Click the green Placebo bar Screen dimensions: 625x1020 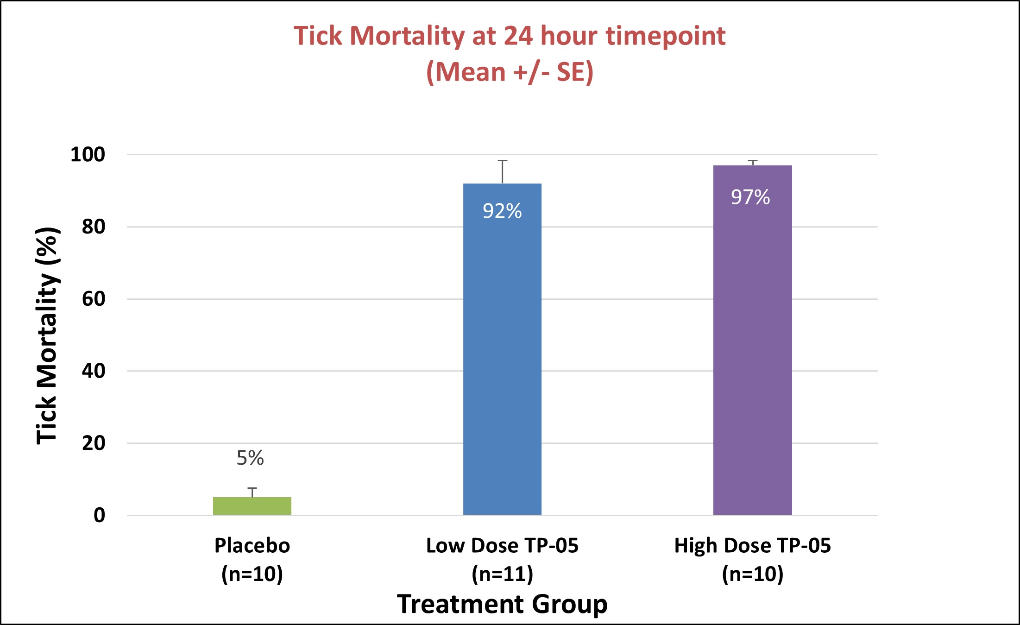(x=252, y=506)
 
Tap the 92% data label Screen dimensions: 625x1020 (x=502, y=211)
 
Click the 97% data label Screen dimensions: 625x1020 (x=750, y=197)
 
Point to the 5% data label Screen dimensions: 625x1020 (x=250, y=458)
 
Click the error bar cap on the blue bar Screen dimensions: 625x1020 (x=503, y=161)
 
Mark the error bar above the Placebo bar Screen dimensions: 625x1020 (x=252, y=492)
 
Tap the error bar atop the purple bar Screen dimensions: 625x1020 (x=753, y=162)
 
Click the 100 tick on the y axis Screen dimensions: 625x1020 (x=88, y=154)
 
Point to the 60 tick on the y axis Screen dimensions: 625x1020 (x=94, y=299)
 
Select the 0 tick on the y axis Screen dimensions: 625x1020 (x=99, y=515)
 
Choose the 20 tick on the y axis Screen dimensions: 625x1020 (x=94, y=443)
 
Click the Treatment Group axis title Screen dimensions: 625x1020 (x=502, y=604)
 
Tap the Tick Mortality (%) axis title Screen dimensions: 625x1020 (x=47, y=336)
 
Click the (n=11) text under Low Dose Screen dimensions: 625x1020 (x=503, y=574)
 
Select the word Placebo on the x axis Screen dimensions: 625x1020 (x=252, y=546)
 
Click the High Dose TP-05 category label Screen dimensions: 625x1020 (x=752, y=546)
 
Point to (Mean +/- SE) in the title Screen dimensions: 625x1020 (x=510, y=72)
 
